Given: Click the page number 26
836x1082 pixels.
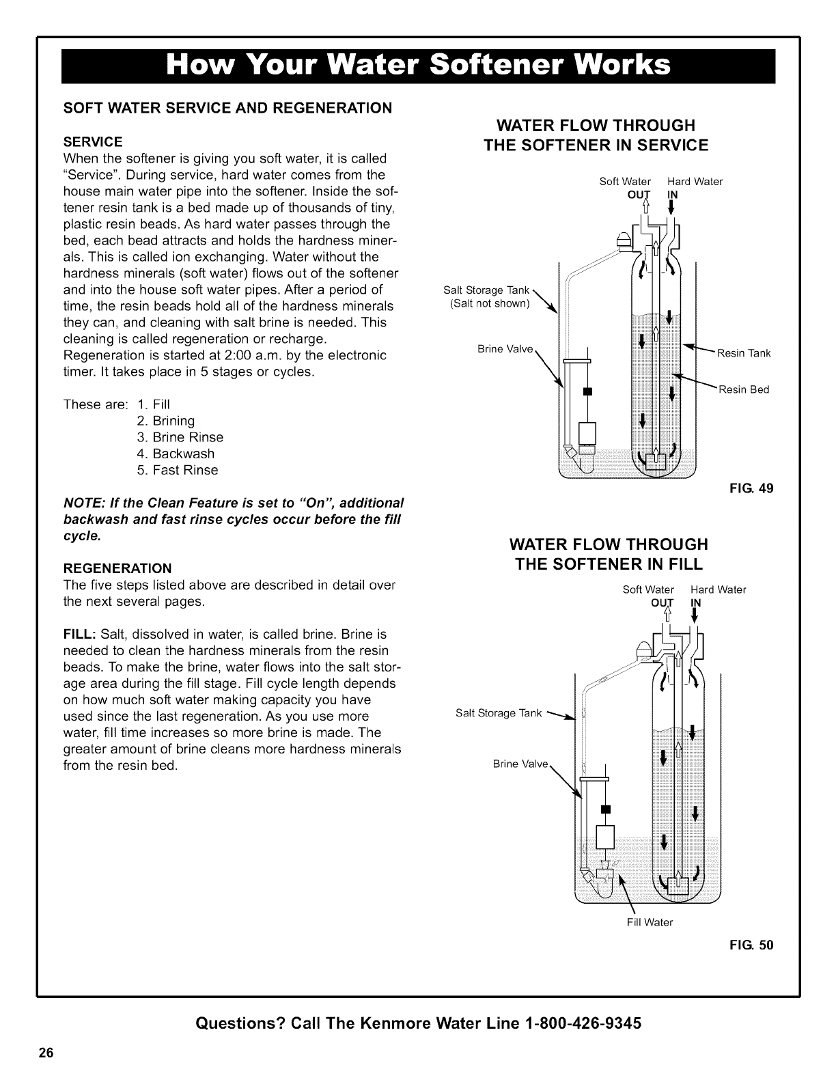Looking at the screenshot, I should point(46,1051).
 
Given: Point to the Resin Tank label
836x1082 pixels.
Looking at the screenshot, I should point(743,353).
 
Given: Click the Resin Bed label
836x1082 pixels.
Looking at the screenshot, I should point(743,389).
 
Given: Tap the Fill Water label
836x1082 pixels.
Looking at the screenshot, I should point(650,922).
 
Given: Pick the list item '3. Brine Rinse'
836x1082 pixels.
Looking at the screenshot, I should point(180,437).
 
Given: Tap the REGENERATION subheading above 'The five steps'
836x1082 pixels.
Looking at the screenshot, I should point(117,568).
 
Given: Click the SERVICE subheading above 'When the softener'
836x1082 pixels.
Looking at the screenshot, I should point(93,141).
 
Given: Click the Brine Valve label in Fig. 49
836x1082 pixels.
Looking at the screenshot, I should point(505,349).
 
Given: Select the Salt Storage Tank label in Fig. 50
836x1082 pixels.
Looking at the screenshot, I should point(498,714).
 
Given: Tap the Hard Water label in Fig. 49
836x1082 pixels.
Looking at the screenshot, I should point(695,182).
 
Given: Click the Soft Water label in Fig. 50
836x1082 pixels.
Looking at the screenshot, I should point(648,589).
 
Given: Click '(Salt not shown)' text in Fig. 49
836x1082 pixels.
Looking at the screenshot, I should point(490,303).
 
